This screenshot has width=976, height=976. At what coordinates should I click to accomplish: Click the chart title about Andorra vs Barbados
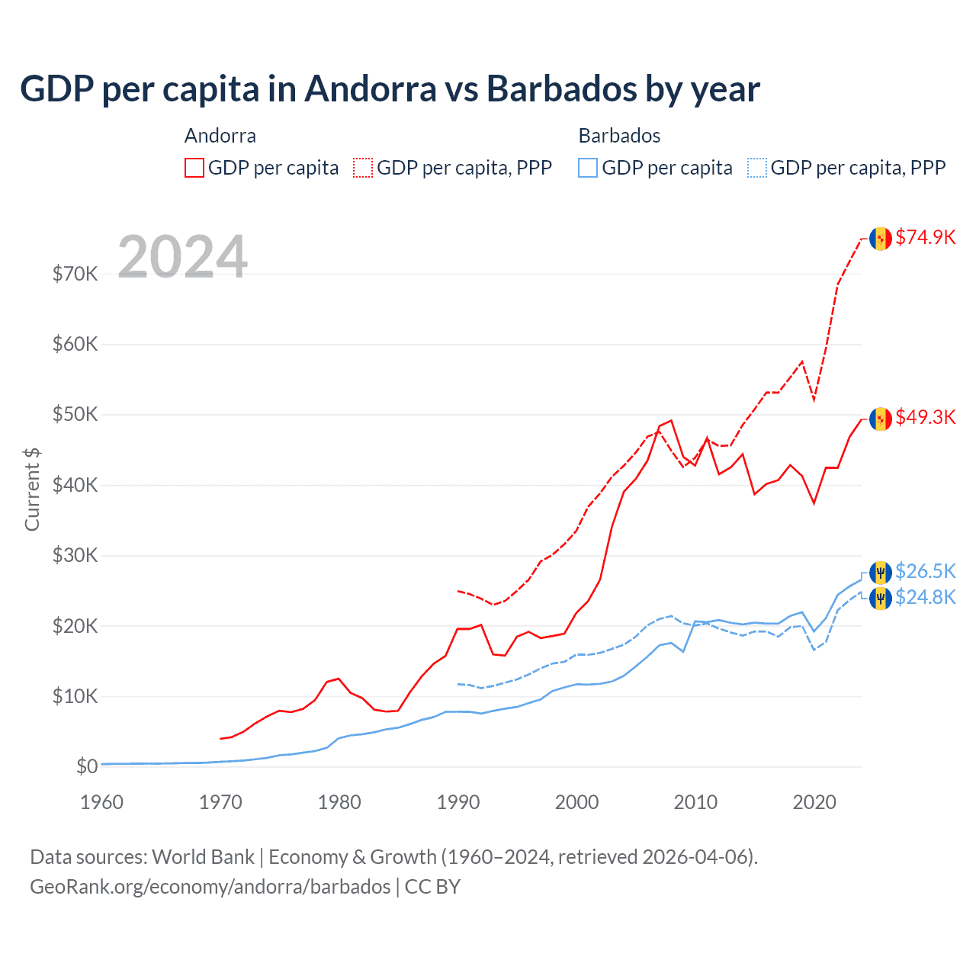point(390,89)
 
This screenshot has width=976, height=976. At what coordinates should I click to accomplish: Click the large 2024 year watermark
point(182,257)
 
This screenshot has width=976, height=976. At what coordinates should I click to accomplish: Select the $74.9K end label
point(925,237)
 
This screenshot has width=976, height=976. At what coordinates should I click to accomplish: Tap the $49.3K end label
point(925,417)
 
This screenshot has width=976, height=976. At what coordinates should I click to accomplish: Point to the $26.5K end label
point(925,571)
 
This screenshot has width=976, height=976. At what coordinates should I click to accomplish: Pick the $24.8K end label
point(925,597)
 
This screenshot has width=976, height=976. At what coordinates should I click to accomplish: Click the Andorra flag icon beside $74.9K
point(881,239)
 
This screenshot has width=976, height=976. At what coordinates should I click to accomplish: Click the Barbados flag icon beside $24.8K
point(881,598)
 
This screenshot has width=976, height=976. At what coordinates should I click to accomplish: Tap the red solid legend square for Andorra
point(194,168)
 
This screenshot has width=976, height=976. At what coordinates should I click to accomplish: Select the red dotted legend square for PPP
point(363,168)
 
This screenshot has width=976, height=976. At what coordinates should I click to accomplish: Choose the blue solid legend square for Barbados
point(588,168)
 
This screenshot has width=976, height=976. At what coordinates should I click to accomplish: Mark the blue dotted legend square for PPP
point(757,168)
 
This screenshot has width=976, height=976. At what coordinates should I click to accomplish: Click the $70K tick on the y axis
point(75,274)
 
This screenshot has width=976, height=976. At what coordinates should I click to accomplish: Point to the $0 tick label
point(87,766)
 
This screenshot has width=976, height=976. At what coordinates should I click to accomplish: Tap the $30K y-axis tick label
point(75,555)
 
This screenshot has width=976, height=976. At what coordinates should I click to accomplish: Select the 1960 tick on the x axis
point(101,802)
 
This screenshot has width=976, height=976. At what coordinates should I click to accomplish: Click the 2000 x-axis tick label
point(576,802)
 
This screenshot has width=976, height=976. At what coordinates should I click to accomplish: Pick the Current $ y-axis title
point(32,490)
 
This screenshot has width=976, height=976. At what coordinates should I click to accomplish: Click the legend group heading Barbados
point(619,136)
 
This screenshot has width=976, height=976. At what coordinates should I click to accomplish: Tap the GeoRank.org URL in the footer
point(210,887)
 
